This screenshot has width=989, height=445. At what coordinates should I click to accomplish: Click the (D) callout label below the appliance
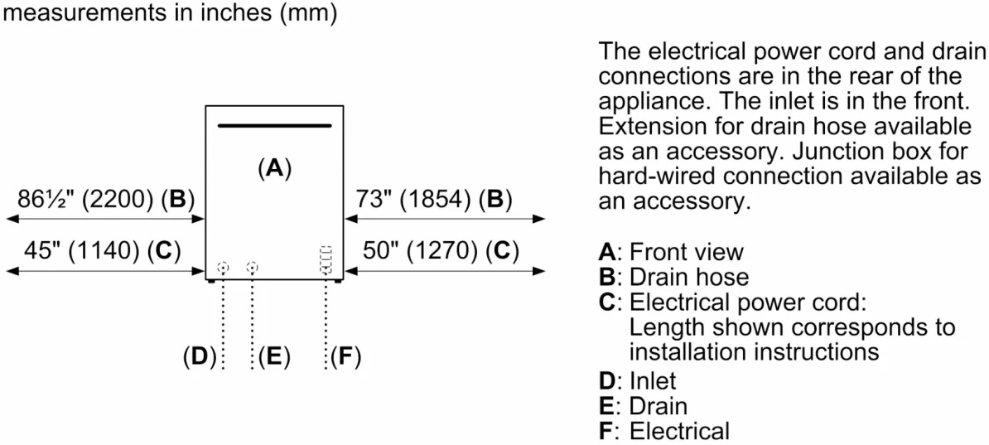[x=199, y=358]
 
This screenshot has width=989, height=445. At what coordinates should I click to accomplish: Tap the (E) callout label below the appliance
[x=274, y=358]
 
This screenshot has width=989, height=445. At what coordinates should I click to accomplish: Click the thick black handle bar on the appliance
[x=275, y=127]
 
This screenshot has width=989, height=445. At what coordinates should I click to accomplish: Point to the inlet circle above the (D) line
[x=222, y=268]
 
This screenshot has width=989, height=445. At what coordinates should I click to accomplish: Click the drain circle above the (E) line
[x=253, y=268]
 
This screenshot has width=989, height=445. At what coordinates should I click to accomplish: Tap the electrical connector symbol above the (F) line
[x=326, y=259]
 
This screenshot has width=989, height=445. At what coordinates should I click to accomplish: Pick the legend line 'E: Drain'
[x=643, y=405]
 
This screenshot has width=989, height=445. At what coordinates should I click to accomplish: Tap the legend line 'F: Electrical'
[x=664, y=431]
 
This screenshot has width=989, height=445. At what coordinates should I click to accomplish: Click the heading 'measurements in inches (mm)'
[x=171, y=15]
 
